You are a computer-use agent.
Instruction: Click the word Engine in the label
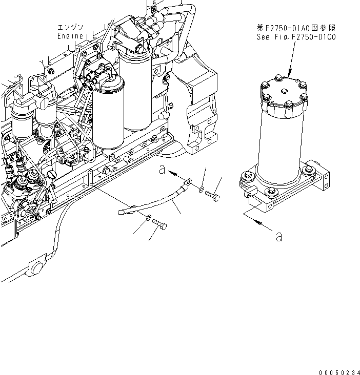coord(69,36)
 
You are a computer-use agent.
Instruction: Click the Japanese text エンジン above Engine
coord(70,28)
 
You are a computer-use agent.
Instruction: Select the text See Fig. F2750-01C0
coord(296,37)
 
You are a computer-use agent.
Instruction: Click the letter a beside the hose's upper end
coord(163,171)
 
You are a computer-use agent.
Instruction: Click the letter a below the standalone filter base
coord(278,236)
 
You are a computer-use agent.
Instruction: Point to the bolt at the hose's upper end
coord(213,197)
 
